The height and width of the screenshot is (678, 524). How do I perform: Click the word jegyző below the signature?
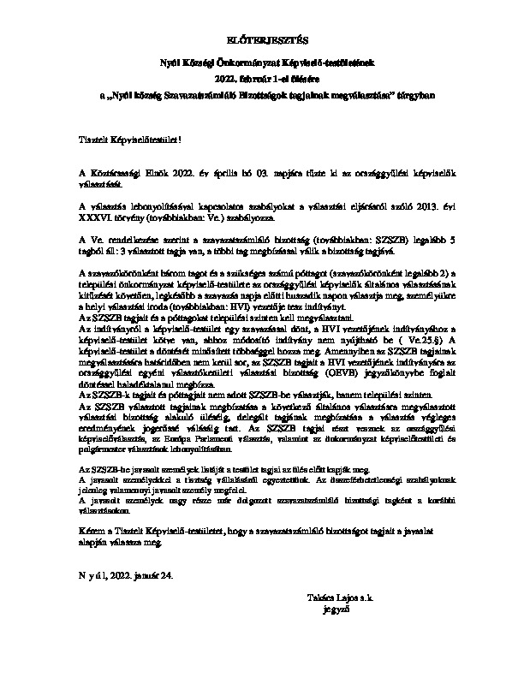click(330, 610)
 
